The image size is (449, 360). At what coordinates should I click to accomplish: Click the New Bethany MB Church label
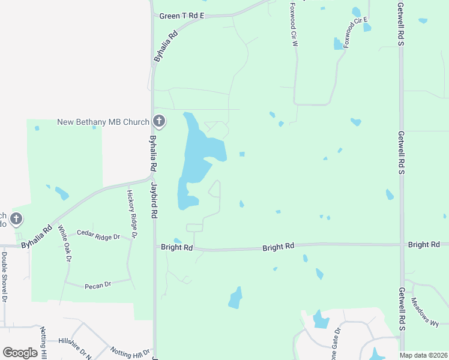[x=103, y=122]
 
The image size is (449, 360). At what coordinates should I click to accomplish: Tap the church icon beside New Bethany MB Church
[x=158, y=122]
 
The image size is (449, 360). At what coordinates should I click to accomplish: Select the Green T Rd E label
[x=182, y=16]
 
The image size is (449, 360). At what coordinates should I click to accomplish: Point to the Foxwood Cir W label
[x=294, y=25]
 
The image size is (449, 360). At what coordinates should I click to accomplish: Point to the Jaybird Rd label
[x=154, y=200]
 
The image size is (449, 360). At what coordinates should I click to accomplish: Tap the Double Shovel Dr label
[x=4, y=277]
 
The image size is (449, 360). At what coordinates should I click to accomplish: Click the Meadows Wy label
[x=424, y=314]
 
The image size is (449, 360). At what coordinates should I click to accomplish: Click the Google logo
[x=20, y=353]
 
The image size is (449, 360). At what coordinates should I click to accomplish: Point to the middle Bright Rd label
[x=279, y=246]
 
